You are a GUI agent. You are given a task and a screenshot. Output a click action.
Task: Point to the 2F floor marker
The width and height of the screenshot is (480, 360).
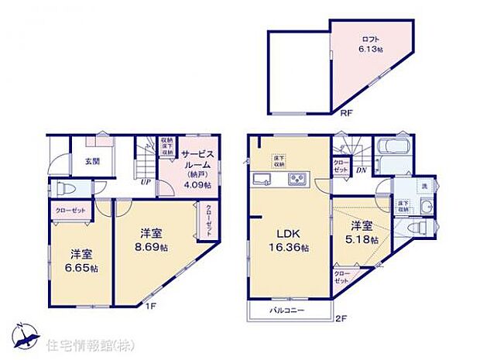341,318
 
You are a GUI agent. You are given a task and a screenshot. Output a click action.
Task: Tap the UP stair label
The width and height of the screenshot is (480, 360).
145,183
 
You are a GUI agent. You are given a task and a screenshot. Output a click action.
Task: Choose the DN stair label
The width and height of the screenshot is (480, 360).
361,170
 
